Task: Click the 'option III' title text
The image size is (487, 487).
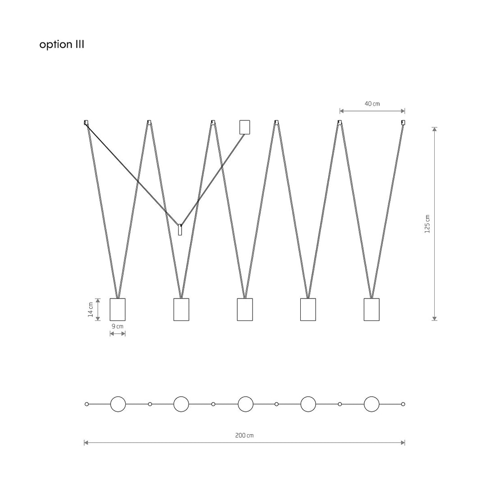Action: (x=61, y=45)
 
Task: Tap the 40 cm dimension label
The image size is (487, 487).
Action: (x=372, y=104)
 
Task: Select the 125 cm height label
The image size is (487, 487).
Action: (x=427, y=224)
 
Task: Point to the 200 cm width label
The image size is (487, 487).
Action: (x=244, y=436)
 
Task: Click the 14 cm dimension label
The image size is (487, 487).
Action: (x=90, y=309)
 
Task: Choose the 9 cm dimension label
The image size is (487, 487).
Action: (x=117, y=326)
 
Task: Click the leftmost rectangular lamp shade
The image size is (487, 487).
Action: (x=117, y=309)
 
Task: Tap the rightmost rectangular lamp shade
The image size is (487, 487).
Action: (x=372, y=309)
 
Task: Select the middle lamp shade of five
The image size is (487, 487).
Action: (x=245, y=309)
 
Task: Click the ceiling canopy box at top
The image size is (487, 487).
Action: (x=245, y=127)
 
